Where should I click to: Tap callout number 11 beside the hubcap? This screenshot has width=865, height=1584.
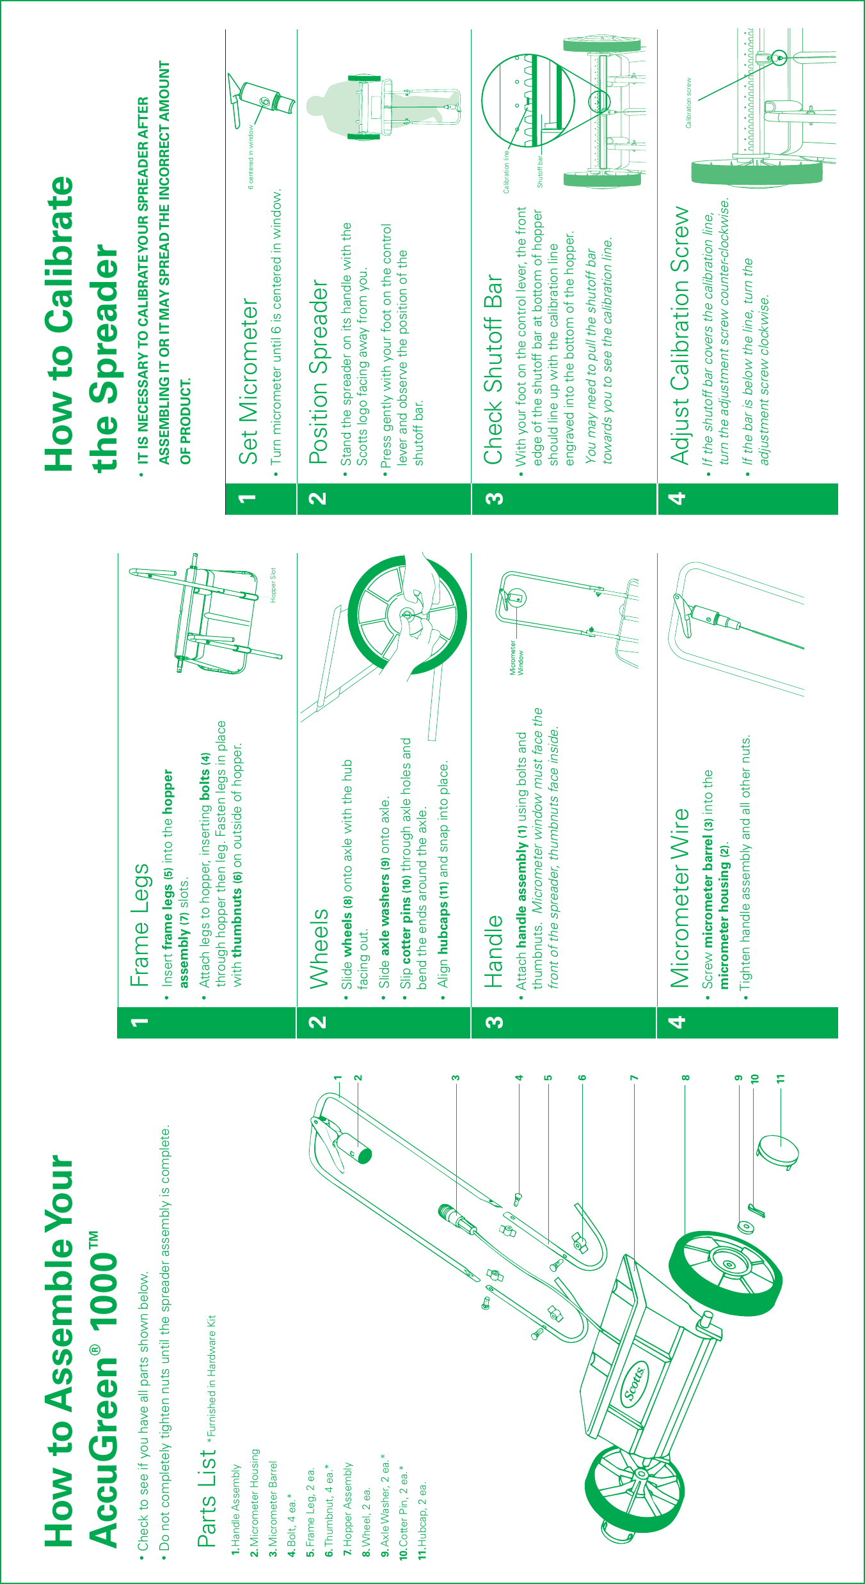780,1078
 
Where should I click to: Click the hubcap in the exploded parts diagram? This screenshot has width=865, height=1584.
778,1151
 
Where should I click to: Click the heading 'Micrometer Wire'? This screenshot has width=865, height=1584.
679,898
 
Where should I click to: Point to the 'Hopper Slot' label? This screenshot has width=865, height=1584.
273,584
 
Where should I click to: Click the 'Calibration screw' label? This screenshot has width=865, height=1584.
688,103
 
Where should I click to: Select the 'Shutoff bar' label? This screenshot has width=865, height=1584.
539,171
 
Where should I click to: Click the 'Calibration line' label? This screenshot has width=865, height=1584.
506,171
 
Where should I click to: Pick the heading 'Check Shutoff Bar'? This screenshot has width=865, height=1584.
494,369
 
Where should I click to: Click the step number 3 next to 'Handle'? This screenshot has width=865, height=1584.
494,1022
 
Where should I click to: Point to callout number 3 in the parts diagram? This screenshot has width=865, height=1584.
456,1078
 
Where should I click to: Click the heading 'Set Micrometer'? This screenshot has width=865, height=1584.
248,382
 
